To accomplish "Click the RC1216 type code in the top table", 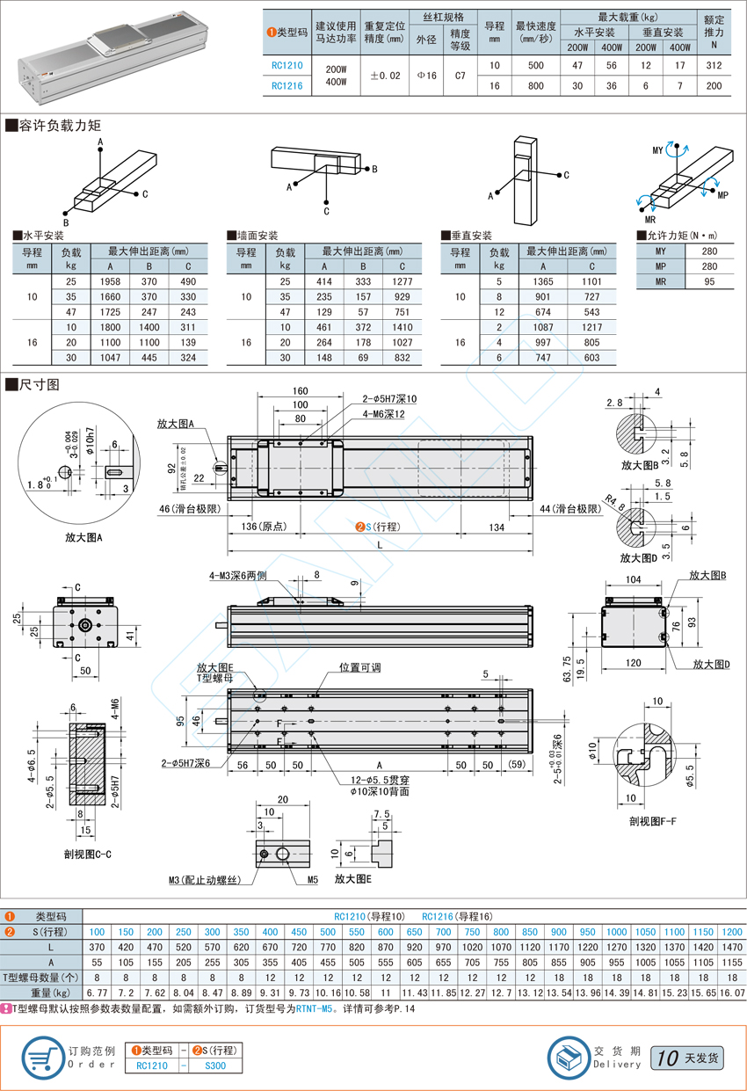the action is [x=286, y=86].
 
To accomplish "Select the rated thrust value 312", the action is [x=714, y=65].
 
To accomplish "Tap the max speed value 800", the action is [x=536, y=86].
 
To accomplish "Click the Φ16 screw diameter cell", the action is [x=426, y=76].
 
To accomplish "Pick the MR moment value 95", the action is [x=709, y=281].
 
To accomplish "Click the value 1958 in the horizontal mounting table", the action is [x=110, y=281].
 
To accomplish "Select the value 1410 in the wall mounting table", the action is [x=403, y=327].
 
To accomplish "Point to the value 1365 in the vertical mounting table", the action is [x=543, y=281].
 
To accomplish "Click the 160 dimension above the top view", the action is [x=300, y=390].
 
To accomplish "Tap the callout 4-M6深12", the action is [x=384, y=414].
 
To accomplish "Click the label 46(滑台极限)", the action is [x=190, y=509].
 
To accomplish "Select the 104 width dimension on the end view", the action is [x=633, y=579].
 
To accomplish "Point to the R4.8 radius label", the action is [x=615, y=503].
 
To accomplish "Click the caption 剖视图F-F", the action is [x=653, y=821].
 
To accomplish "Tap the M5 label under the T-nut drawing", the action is [x=313, y=880].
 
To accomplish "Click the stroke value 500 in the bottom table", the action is [x=328, y=932].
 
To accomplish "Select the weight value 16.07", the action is [x=732, y=993].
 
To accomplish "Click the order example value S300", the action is [x=215, y=1066].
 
